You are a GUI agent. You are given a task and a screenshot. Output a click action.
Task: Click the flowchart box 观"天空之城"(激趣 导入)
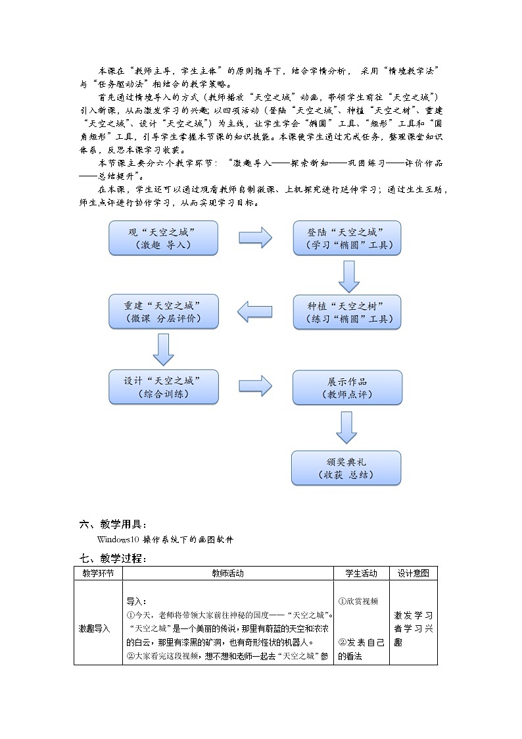[164, 238]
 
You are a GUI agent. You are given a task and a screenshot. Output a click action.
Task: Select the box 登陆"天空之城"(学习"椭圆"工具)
[346, 238]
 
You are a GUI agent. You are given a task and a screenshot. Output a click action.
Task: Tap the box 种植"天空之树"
[346, 312]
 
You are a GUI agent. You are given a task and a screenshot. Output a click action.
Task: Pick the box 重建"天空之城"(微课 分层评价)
[164, 312]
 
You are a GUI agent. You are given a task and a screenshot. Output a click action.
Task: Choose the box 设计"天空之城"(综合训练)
[164, 387]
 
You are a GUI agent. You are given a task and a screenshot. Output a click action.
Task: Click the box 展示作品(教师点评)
[346, 387]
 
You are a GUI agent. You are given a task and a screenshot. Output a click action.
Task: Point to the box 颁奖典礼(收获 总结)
[346, 467]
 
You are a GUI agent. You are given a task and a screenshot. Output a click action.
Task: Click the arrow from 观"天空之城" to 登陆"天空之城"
[255, 237]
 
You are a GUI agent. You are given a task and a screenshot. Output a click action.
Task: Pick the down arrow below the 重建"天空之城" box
[163, 349]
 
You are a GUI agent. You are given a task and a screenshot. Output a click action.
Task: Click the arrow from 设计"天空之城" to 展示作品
[255, 386]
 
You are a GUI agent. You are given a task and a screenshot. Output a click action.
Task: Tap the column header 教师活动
[227, 573]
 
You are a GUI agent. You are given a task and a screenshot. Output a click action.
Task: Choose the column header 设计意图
[413, 573]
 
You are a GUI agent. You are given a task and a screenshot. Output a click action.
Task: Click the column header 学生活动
[362, 573]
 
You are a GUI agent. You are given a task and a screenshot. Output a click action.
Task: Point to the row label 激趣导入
[94, 628]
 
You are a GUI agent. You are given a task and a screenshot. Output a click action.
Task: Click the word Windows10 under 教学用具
[114, 540]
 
